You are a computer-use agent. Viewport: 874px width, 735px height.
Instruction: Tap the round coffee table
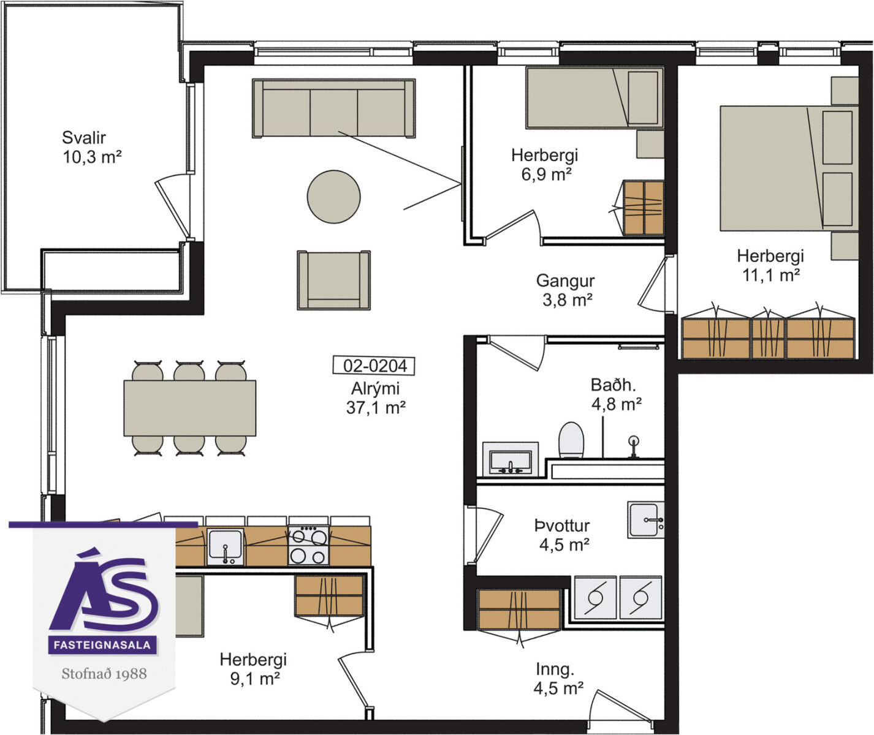[x=333, y=197]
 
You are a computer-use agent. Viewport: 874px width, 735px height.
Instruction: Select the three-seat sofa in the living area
[x=333, y=108]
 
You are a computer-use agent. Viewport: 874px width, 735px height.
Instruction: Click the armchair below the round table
[x=333, y=281]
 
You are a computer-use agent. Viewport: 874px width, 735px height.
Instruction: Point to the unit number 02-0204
[x=373, y=366]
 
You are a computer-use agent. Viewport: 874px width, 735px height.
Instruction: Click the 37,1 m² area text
[x=376, y=407]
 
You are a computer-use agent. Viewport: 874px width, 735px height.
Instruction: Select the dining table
[x=189, y=408]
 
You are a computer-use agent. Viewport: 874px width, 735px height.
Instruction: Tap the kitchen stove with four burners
[x=308, y=545]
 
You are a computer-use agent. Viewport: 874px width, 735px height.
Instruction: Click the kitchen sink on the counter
[x=225, y=547]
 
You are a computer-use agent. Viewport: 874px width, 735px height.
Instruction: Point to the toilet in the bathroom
[x=571, y=440]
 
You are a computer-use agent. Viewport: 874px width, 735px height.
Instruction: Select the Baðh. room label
[x=614, y=385]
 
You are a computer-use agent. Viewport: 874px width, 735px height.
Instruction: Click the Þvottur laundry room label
[x=562, y=526]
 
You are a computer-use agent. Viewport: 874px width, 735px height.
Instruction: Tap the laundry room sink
[x=645, y=519]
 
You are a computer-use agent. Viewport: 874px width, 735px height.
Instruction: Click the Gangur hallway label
[x=565, y=281]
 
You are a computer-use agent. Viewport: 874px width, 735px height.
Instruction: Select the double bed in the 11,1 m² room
[x=789, y=168]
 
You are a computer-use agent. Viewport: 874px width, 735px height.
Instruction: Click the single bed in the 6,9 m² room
[x=595, y=97]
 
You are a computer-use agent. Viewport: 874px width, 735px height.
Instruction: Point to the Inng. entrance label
[x=555, y=669]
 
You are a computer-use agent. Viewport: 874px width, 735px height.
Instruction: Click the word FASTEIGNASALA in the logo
[x=102, y=644]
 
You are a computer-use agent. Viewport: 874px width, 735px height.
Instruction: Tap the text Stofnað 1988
[x=104, y=674]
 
